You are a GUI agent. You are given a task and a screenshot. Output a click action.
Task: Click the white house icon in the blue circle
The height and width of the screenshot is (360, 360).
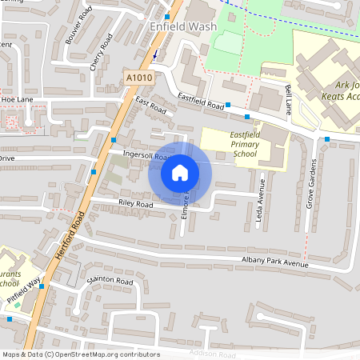pyautogui.click(x=180, y=173)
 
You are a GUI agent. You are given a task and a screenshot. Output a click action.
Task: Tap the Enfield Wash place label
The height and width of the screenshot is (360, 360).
pyautogui.click(x=183, y=26)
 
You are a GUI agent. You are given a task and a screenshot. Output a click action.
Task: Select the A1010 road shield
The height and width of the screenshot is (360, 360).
pyautogui.click(x=138, y=76)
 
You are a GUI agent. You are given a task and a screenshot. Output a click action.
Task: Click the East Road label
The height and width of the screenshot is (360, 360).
pyautogui.click(x=150, y=104)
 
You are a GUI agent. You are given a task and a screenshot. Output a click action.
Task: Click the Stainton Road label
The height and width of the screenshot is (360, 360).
pyautogui.click(x=110, y=282)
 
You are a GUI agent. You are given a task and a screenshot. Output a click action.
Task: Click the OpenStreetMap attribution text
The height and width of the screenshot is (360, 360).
pyautogui.click(x=80, y=354)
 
